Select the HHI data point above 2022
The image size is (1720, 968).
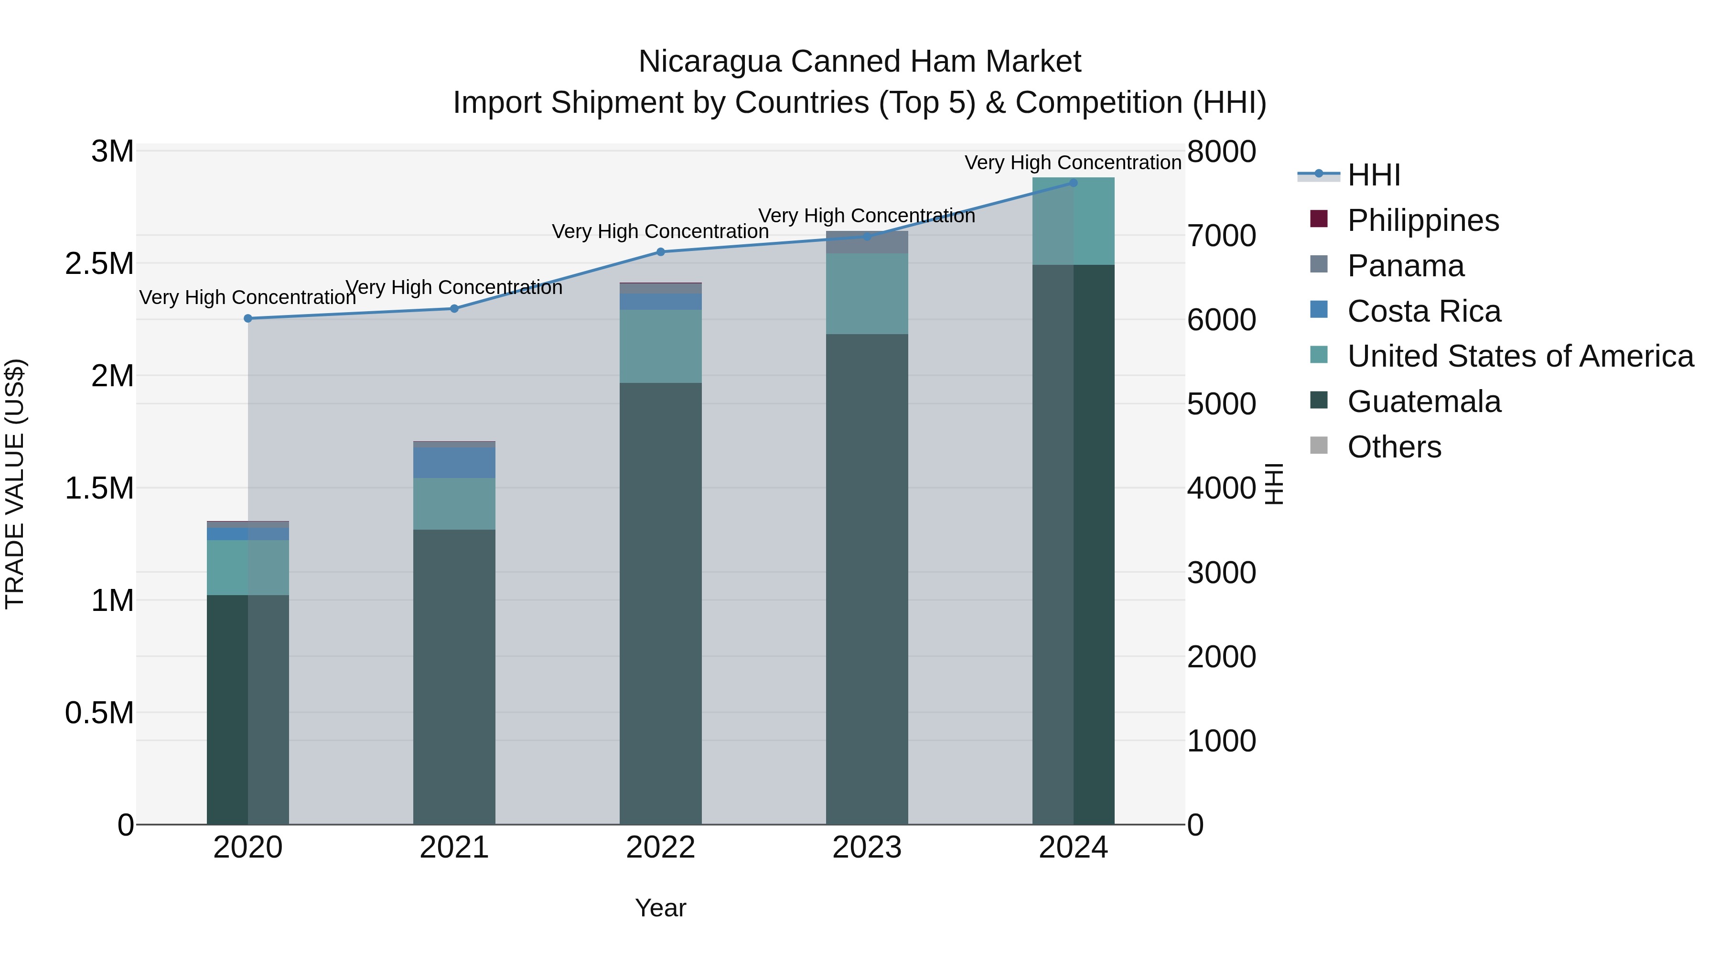[x=660, y=252]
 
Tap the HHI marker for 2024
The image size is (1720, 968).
[x=1073, y=183]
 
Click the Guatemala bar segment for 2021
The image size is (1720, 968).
[x=454, y=674]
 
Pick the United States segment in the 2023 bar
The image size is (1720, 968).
[x=867, y=294]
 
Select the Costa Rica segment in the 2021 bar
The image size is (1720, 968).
[x=454, y=462]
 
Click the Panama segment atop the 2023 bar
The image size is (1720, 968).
[x=867, y=242]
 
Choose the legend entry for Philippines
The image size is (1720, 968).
[x=1422, y=220]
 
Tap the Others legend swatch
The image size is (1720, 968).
[x=1319, y=446]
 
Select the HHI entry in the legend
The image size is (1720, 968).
[x=1373, y=175]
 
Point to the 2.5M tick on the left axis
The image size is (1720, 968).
[x=99, y=264]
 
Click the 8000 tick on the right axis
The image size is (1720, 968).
[x=1221, y=152]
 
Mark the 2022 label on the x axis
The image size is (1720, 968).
[x=660, y=848]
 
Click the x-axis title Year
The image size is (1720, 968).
[x=660, y=908]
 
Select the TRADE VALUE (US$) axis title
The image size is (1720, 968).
[x=15, y=484]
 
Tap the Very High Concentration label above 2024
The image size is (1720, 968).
[x=1073, y=163]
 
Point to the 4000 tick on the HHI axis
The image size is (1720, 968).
[x=1221, y=489]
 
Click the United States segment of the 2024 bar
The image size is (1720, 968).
[x=1073, y=221]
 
